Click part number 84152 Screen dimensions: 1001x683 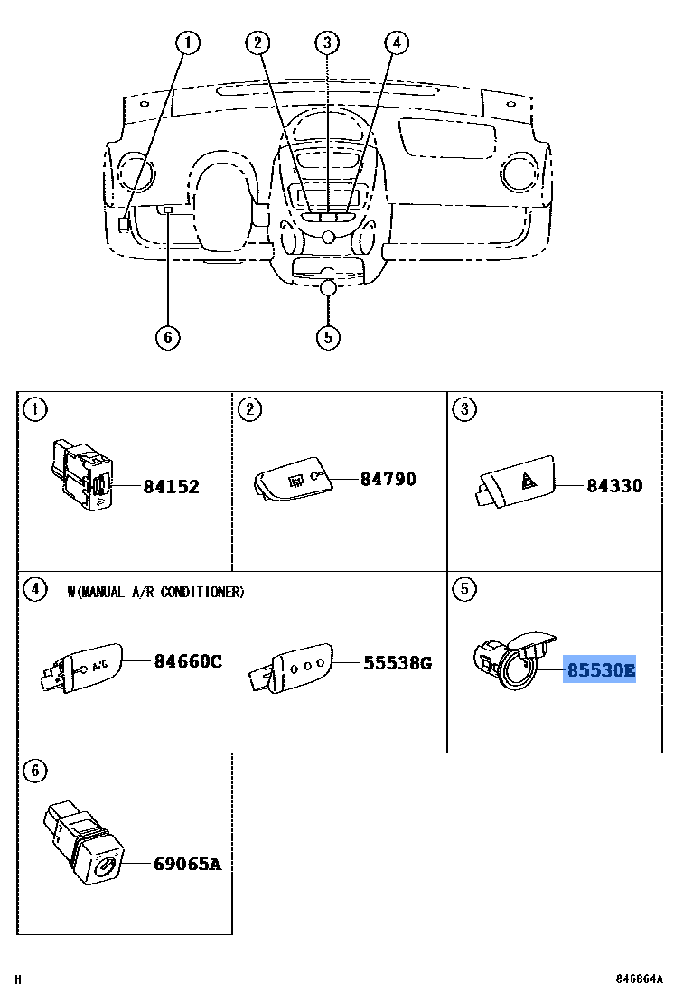[x=171, y=487]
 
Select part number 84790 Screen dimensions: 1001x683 [x=388, y=479]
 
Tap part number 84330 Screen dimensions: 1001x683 [x=614, y=486]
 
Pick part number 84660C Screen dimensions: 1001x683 [x=187, y=661]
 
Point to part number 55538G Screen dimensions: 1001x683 [x=398, y=664]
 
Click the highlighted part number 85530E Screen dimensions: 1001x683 [x=600, y=670]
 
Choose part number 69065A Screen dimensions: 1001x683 [x=187, y=865]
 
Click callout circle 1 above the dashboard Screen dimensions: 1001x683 [x=188, y=42]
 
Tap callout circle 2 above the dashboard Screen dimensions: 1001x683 [x=258, y=42]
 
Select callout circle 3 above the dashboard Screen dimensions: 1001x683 [x=327, y=42]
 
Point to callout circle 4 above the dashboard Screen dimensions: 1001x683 [x=396, y=42]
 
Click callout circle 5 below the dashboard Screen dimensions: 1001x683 [x=328, y=338]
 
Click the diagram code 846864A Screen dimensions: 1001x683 [x=640, y=979]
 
